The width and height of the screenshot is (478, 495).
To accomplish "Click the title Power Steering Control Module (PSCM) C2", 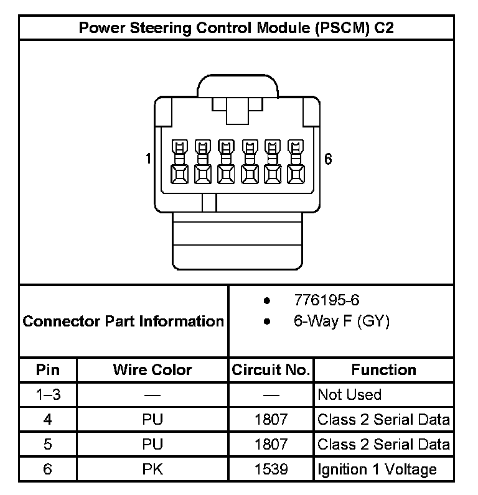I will tap(236, 28).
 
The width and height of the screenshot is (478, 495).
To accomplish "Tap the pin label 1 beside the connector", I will tap(148, 159).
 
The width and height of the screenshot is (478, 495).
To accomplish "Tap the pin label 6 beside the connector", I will tap(328, 159).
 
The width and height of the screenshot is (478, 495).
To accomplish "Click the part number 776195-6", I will tap(327, 300).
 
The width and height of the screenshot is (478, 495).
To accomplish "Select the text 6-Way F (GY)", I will tap(341, 322).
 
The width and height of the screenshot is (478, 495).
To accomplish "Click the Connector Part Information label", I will tap(123, 322).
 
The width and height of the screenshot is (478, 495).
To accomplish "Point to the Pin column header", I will tap(48, 370).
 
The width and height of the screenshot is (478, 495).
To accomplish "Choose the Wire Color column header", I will tap(152, 370).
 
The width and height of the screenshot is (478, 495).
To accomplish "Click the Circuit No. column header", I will tap(271, 370).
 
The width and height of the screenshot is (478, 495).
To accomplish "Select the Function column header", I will tap(383, 370).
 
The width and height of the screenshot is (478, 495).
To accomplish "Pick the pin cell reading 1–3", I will tap(48, 395).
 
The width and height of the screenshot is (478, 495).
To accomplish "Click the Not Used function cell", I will tap(349, 395).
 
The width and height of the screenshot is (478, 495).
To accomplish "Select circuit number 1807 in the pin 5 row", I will tap(271, 444).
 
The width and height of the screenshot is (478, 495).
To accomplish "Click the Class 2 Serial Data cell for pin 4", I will tap(383, 420).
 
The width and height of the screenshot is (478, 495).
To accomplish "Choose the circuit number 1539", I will tap(271, 470).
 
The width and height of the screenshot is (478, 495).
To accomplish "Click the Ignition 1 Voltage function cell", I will tap(377, 470).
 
